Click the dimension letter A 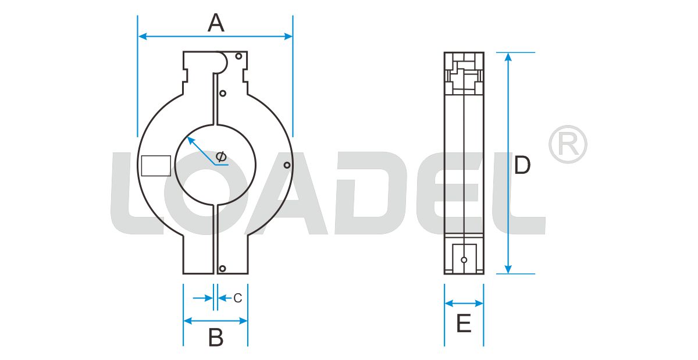click(216, 23)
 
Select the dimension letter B click(216, 337)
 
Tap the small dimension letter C click(237, 298)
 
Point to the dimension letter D click(522, 166)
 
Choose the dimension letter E click(464, 324)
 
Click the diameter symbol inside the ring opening click(220, 156)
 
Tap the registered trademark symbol click(568, 144)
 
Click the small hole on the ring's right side click(287, 165)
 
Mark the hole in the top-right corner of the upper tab click(238, 56)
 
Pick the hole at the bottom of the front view click(222, 268)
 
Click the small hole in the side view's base click(464, 259)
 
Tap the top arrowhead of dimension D click(508, 56)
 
